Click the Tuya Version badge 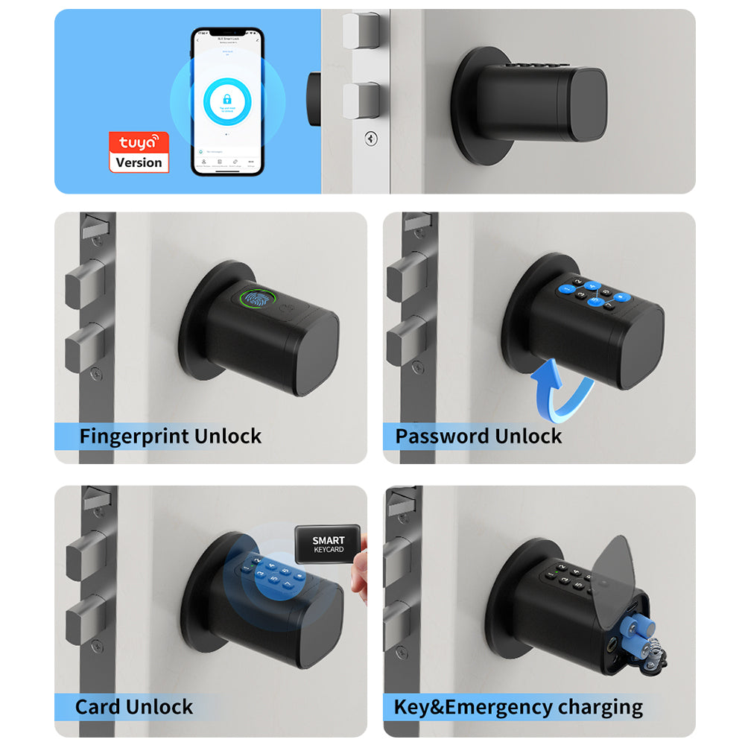[x=139, y=152]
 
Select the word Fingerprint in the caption [x=134, y=436]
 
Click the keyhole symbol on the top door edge [x=370, y=138]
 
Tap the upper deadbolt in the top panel [x=361, y=31]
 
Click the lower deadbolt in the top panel [x=361, y=101]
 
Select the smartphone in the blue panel [x=227, y=102]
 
